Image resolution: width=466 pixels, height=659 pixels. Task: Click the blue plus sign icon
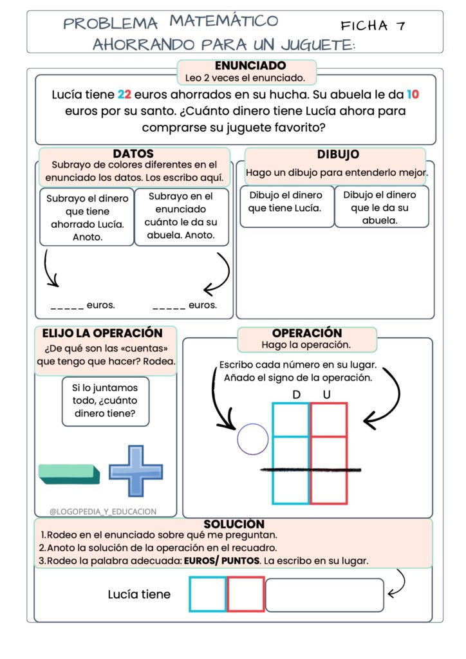135,471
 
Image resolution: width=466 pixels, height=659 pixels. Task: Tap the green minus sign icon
69,474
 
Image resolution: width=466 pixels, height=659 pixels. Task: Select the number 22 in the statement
125,95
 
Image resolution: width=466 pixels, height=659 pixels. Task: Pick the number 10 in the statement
413,95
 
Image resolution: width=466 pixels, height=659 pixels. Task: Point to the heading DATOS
133,154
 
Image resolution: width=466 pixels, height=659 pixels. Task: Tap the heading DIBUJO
338,154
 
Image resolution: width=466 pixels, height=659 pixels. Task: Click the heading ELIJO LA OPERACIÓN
102,333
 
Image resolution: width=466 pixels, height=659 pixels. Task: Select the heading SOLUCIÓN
234,524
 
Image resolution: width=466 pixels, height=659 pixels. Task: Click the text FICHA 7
373,26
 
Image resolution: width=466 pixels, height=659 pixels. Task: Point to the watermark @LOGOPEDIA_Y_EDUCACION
103,512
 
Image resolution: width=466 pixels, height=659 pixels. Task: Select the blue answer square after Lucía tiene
208,594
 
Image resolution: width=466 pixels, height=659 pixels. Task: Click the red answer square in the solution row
245,594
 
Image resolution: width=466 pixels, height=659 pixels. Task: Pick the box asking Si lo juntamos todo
106,402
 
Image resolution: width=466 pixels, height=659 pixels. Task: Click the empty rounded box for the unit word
324,595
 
